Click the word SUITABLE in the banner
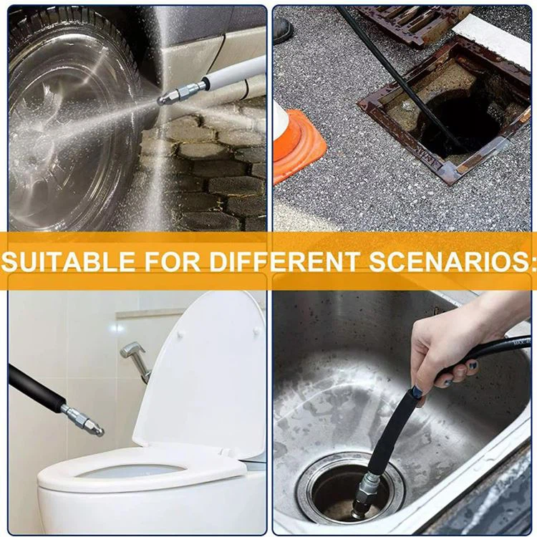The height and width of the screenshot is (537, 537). pyautogui.click(x=69, y=261)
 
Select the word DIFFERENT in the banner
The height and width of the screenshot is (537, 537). pyautogui.click(x=284, y=261)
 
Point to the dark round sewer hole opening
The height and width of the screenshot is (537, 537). pyautogui.click(x=459, y=127)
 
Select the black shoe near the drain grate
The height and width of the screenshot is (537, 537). pyautogui.click(x=282, y=30)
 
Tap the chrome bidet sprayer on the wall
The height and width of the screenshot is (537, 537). pyautogui.click(x=136, y=360)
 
